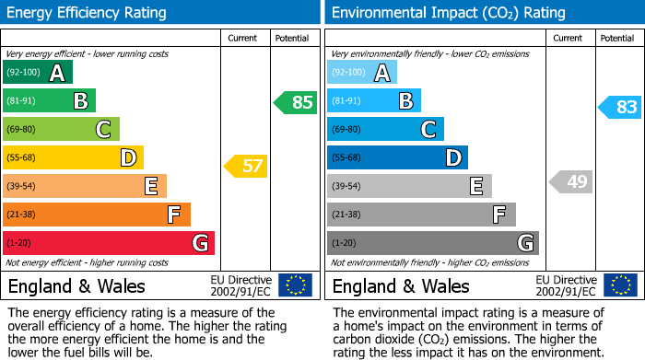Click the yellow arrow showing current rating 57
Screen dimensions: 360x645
[245, 167]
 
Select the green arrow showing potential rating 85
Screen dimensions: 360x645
[296, 102]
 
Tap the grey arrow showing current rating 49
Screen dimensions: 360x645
[570, 181]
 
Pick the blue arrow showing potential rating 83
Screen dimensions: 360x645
[619, 107]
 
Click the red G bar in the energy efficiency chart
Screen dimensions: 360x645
[108, 243]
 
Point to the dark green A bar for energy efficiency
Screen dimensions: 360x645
[38, 73]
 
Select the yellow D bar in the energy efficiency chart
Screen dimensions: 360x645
[73, 157]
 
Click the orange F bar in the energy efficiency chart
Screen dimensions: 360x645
[96, 215]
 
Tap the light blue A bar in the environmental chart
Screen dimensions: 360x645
[362, 73]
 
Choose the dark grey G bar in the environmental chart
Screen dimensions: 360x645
[432, 243]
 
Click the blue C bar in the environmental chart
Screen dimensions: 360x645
[385, 129]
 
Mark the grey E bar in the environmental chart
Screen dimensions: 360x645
[409, 186]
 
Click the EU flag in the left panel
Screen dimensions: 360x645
[295, 285]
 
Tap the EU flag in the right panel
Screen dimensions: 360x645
[619, 285]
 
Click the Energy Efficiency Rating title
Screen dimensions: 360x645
[88, 13]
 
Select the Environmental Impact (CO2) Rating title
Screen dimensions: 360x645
[448, 13]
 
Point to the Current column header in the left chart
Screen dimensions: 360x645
[244, 38]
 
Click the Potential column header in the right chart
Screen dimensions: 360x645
[616, 38]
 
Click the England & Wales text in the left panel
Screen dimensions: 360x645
[76, 285]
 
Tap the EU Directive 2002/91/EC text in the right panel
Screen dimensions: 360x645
[566, 285]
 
